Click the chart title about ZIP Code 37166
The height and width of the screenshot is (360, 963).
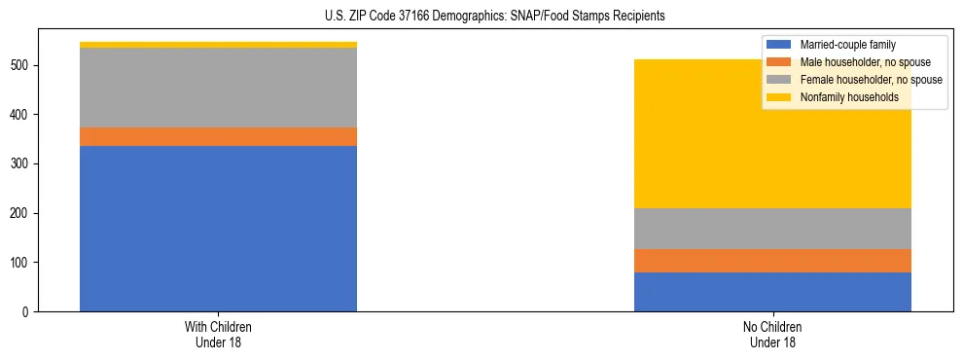tap(495, 16)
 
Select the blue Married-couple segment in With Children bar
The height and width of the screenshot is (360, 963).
tap(218, 229)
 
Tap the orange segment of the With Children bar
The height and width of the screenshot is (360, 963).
tap(218, 137)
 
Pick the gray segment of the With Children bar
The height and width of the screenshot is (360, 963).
tap(218, 88)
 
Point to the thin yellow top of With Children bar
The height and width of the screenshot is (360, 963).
tap(218, 45)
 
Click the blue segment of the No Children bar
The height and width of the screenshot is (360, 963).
tap(772, 292)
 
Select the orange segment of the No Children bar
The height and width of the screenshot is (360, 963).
tap(772, 261)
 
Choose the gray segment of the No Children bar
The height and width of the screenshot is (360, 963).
tap(772, 229)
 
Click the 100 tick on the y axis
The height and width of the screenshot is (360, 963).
tap(22, 263)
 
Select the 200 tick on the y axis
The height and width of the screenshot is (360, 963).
tap(22, 213)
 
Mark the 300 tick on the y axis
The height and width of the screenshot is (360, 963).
tap(22, 163)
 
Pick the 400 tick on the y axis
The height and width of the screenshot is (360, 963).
tap(22, 115)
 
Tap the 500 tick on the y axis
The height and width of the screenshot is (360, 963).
tap(22, 65)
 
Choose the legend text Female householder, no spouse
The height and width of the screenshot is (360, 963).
tap(870, 80)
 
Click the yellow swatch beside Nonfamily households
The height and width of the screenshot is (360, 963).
tap(779, 97)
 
